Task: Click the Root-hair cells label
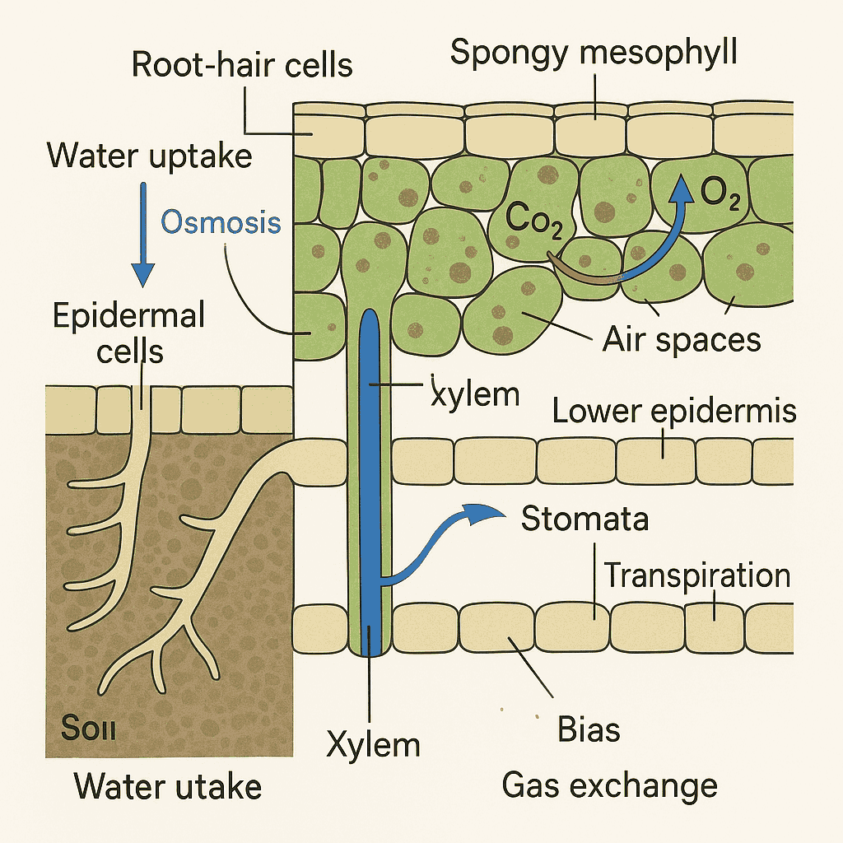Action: pyautogui.click(x=242, y=64)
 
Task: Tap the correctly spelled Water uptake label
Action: pyautogui.click(x=149, y=155)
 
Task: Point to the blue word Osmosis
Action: pyautogui.click(x=221, y=221)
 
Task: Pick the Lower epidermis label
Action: pyautogui.click(x=673, y=410)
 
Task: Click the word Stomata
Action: pyautogui.click(x=585, y=519)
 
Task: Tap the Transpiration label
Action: pyautogui.click(x=697, y=575)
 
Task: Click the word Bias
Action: pyautogui.click(x=588, y=729)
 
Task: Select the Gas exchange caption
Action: pyautogui.click(x=609, y=785)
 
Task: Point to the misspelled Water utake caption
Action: pyautogui.click(x=168, y=787)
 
